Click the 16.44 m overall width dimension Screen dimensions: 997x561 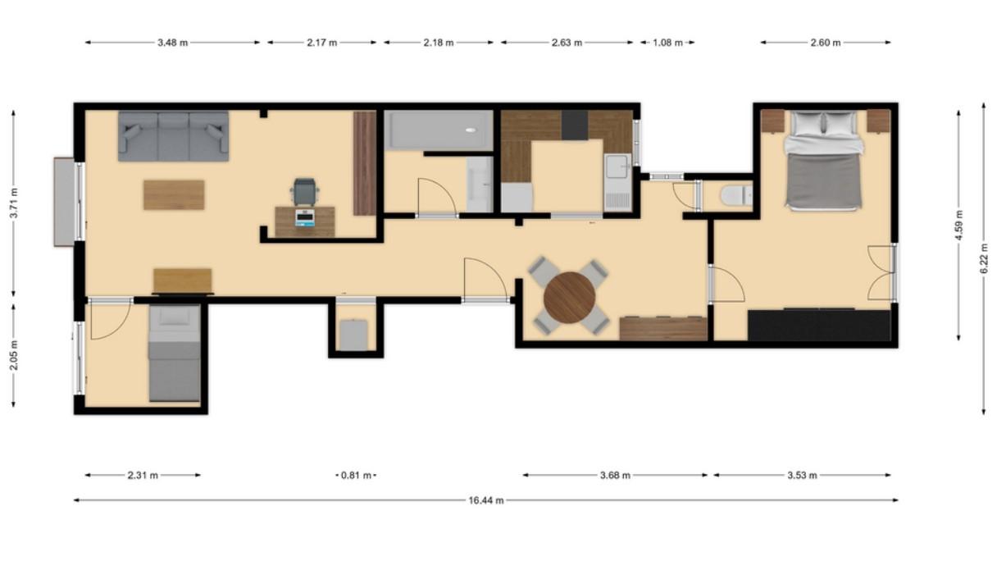tap(486, 500)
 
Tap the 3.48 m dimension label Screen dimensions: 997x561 tap(173, 43)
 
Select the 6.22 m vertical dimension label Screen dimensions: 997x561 tap(984, 259)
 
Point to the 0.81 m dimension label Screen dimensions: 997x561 tap(356, 476)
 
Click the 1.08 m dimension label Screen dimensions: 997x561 tap(667, 43)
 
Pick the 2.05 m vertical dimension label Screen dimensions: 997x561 tap(14, 355)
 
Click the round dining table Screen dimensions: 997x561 tap(569, 298)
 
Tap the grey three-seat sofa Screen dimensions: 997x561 tap(173, 136)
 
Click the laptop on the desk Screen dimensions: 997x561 tap(305, 217)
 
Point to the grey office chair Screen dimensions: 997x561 tap(305, 191)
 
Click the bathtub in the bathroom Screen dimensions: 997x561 tap(439, 130)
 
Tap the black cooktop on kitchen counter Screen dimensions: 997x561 tap(575, 125)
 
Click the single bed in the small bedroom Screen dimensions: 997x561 tap(175, 353)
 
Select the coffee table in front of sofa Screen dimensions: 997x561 tap(174, 194)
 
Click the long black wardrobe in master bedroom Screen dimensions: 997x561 tap(819, 325)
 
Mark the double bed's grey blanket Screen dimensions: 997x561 tap(824, 180)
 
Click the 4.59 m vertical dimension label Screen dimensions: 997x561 tap(958, 225)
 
